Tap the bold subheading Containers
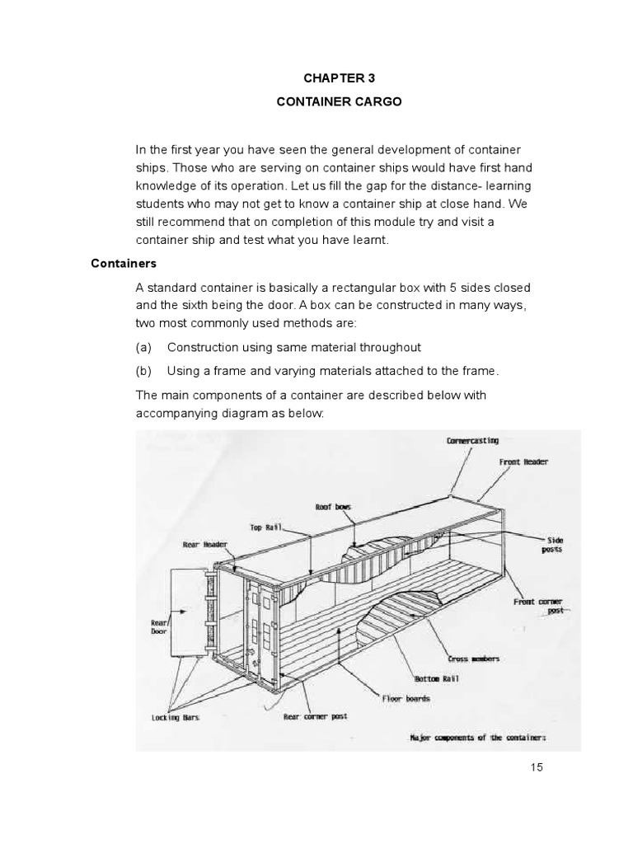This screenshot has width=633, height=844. (123, 264)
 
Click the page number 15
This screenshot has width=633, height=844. (537, 767)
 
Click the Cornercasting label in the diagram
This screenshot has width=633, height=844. (472, 441)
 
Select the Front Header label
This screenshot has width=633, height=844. (523, 462)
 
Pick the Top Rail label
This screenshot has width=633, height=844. (266, 526)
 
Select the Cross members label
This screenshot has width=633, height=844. (473, 659)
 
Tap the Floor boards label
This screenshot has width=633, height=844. (406, 698)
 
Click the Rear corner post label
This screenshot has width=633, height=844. (315, 717)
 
